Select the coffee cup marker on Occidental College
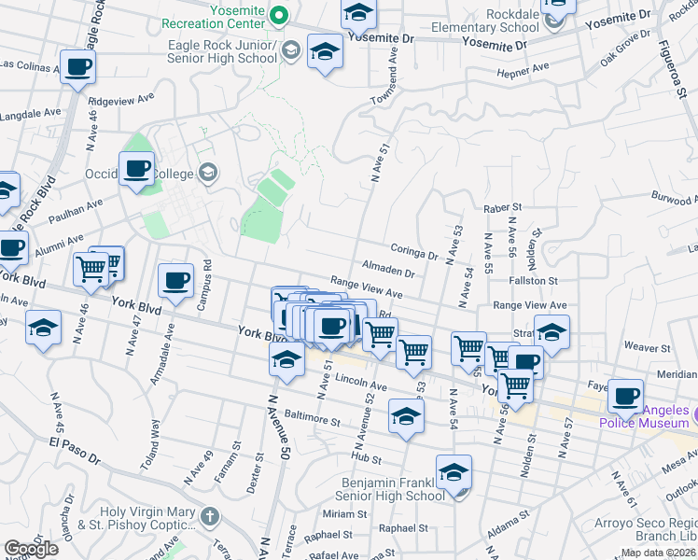[x=136, y=169]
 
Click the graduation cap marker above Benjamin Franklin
[x=454, y=474]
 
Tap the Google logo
[x=31, y=549]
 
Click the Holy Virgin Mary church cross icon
[x=212, y=514]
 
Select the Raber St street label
[x=501, y=209]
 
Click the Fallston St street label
[x=533, y=280]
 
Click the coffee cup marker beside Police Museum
[x=625, y=396]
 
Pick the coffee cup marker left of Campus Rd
[x=176, y=282]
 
